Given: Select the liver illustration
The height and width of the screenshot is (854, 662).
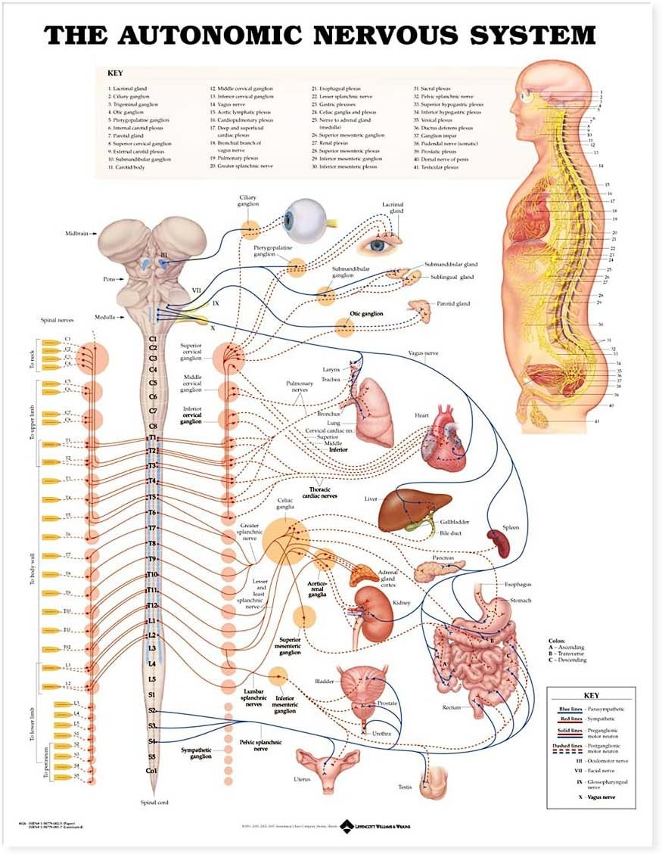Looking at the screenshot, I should (x=412, y=510).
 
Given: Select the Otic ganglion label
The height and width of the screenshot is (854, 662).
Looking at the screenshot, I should (x=365, y=313).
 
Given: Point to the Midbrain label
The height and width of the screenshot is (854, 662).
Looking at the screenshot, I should (x=79, y=234).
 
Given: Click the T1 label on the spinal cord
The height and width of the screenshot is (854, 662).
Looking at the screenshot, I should (x=152, y=437).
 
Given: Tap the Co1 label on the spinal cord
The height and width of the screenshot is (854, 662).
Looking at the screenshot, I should (x=152, y=771).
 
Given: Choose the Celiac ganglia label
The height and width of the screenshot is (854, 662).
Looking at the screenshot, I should (x=285, y=504).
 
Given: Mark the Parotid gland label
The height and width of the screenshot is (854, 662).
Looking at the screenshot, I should (x=452, y=304).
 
